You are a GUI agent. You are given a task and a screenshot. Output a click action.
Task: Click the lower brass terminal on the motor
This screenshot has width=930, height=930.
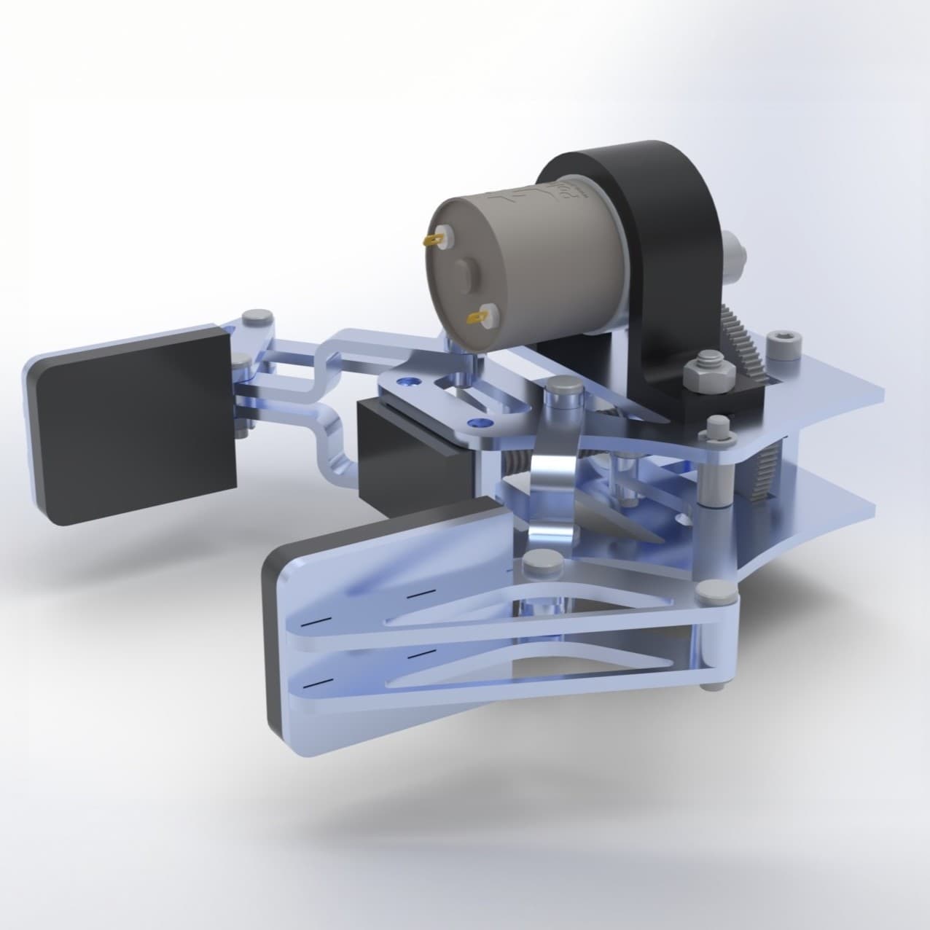pyautogui.click(x=478, y=317)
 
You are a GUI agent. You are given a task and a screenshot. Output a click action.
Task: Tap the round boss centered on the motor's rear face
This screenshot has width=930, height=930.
pyautogui.click(x=464, y=276)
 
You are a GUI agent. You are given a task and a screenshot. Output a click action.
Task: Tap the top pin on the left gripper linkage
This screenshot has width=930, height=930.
pyautogui.click(x=255, y=319)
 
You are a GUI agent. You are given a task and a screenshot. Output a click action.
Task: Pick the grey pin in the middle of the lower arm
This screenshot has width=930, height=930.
pyautogui.click(x=539, y=562)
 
